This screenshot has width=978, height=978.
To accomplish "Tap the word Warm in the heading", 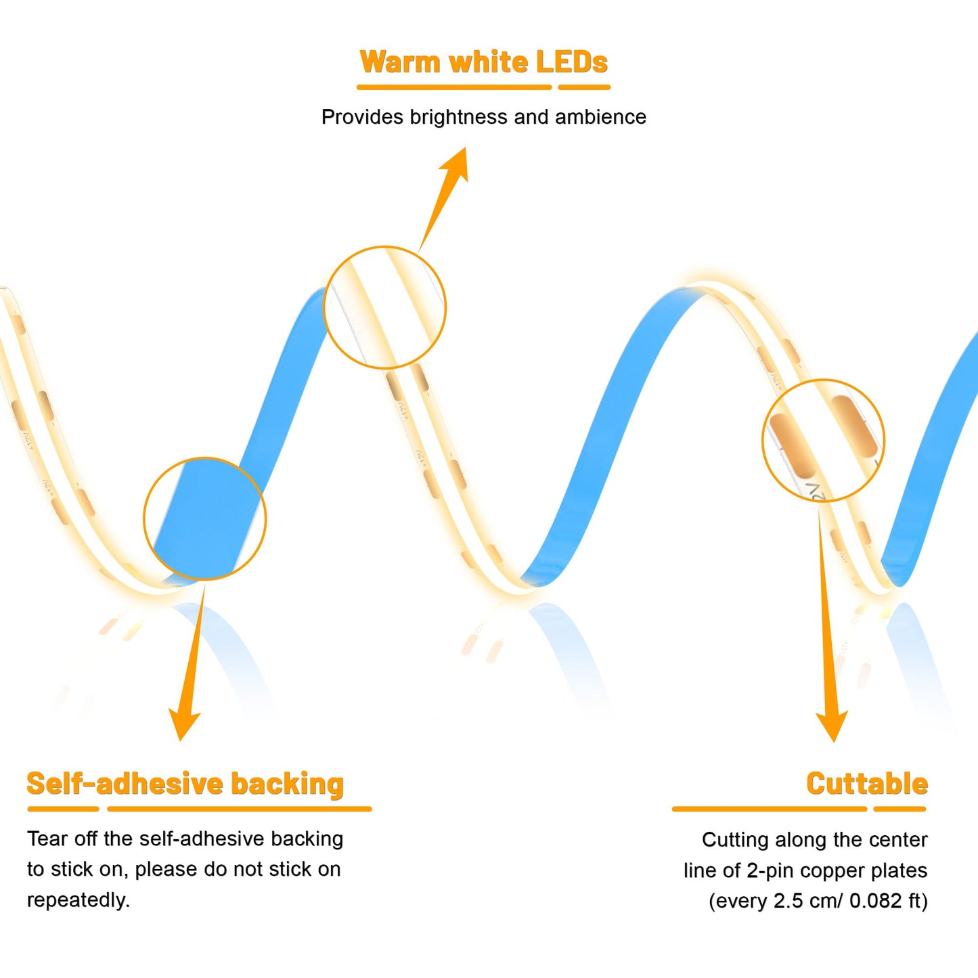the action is pyautogui.click(x=401, y=62).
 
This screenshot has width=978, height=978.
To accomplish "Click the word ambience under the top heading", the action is pyautogui.click(x=600, y=117).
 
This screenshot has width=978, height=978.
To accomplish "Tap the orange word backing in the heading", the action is pyautogui.click(x=288, y=784).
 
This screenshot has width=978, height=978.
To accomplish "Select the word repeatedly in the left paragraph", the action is pyautogui.click(x=79, y=900).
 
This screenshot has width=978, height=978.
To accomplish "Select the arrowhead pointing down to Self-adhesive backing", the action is pyautogui.click(x=183, y=726).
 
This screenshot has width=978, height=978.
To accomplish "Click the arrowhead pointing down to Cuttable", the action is pyautogui.click(x=832, y=727).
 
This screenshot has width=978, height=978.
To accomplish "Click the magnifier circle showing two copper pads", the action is pyautogui.click(x=763, y=441).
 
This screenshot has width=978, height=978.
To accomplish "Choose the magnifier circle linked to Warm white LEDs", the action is pyautogui.click(x=324, y=307).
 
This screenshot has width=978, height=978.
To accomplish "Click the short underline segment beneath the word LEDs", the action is pyautogui.click(x=583, y=87).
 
